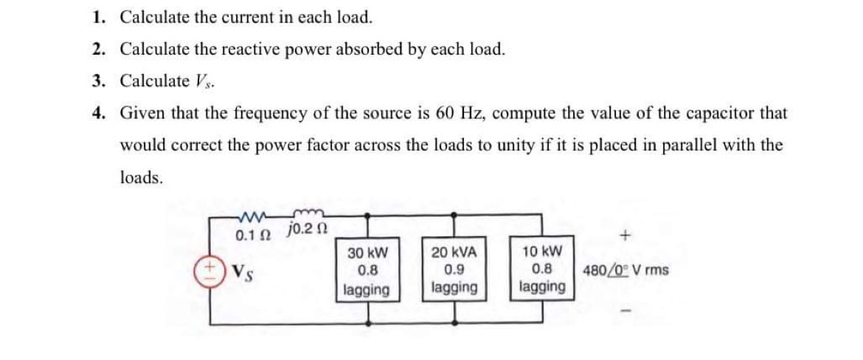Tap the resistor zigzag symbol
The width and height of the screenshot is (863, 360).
tap(252, 218)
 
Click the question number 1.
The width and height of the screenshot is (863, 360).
tap(98, 16)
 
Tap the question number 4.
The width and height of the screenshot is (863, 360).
tap(98, 114)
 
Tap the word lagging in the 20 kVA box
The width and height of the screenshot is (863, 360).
tap(454, 287)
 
